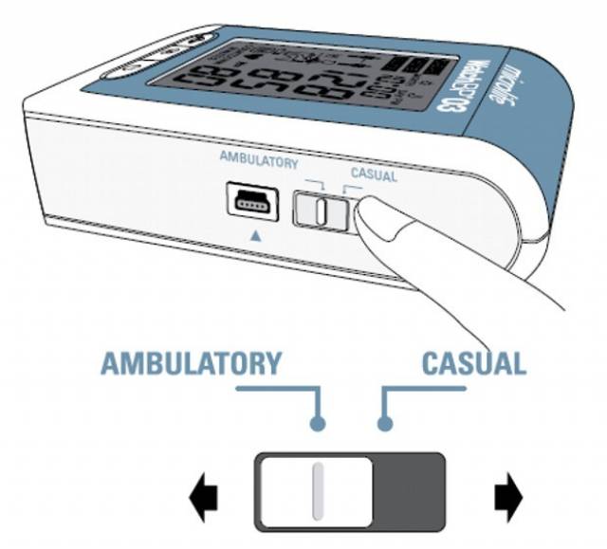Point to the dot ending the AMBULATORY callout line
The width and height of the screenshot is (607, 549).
[319, 424]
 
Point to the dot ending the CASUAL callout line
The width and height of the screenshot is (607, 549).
[384, 424]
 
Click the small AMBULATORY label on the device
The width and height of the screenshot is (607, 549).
[258, 162]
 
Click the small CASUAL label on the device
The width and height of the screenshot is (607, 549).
[374, 174]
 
